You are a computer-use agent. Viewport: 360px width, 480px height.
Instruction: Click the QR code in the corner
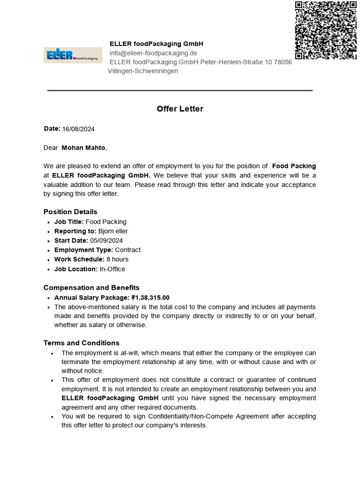point(325,30)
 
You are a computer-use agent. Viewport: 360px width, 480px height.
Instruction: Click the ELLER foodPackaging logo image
point(73,55)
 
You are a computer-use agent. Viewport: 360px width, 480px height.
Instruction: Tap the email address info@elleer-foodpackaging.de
point(153,53)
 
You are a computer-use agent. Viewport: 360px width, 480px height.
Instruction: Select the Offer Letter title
point(180,109)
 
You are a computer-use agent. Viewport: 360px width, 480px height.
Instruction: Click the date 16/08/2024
point(78,129)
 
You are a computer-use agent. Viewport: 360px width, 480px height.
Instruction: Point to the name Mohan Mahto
point(83,148)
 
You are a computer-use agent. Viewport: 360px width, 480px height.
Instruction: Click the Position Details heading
point(70,212)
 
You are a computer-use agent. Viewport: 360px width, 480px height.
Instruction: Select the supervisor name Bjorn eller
point(113,231)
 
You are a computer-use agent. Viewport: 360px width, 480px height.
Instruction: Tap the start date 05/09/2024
point(106,240)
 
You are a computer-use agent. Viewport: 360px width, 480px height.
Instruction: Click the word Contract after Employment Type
point(127,250)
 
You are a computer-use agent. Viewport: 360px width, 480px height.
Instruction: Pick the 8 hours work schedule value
point(117,259)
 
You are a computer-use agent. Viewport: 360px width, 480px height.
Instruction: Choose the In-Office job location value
point(112,269)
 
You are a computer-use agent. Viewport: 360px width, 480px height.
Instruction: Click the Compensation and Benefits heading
point(91,287)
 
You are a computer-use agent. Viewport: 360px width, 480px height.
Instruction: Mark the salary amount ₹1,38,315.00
point(150,297)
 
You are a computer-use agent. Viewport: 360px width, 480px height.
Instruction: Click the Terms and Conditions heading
point(82,343)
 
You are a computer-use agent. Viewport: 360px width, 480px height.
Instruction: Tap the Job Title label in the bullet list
point(69,222)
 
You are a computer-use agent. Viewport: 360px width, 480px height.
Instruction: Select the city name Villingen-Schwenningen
point(143,71)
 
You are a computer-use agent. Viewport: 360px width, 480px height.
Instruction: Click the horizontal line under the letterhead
point(180,90)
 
